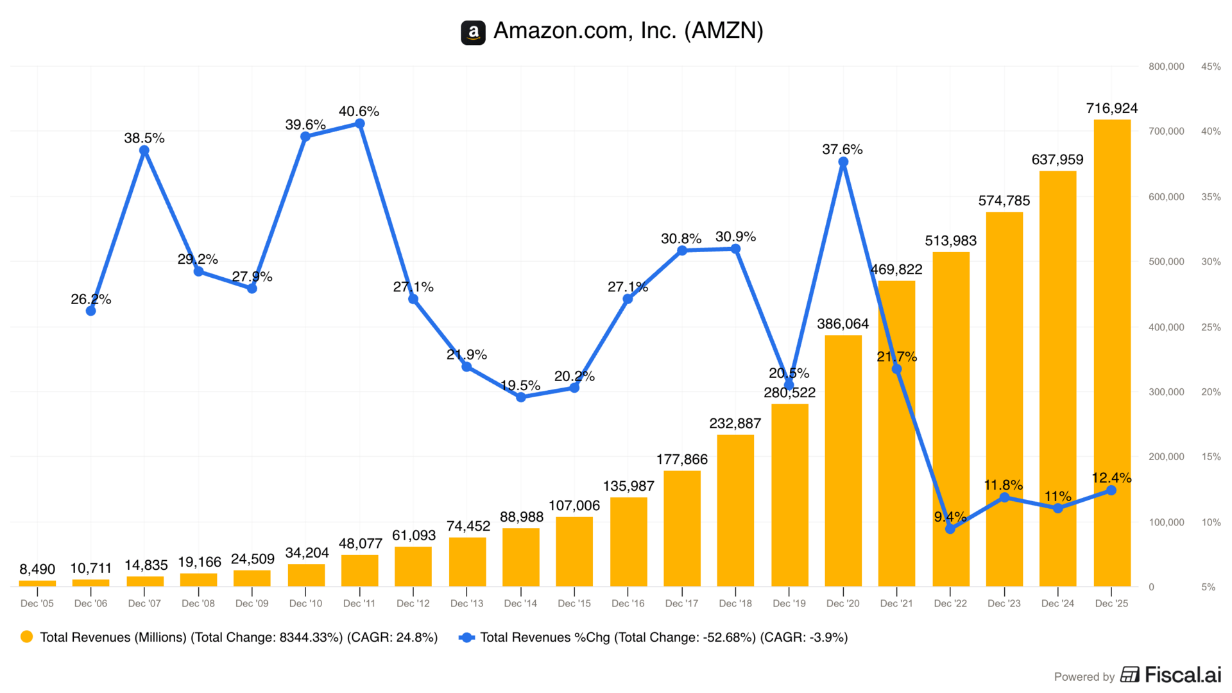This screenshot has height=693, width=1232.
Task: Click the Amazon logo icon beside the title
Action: pos(473,32)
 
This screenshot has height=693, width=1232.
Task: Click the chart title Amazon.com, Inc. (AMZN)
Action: pos(628,31)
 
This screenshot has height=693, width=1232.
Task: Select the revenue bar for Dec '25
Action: pos(1111,353)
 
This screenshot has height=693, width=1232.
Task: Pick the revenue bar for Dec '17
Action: pos(681,529)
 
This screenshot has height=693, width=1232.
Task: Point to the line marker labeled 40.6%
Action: pos(359,124)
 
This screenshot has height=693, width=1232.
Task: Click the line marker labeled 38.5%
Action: pos(144,151)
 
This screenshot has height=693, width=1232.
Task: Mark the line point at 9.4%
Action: pos(950,529)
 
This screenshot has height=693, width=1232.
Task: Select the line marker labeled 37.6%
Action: pos(843,162)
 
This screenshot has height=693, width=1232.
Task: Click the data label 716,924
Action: pos(1111,108)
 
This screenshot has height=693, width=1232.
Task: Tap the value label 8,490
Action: pos(37,569)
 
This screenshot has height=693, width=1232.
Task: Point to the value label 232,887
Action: pos(735,424)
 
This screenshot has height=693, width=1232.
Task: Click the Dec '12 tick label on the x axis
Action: pos(413,603)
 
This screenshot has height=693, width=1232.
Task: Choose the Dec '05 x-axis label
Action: pos(37,603)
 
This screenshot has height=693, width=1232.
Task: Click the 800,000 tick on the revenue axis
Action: pos(1166,67)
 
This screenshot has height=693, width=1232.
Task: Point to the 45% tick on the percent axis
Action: pos(1210,67)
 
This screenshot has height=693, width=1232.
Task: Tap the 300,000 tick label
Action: pos(1166,392)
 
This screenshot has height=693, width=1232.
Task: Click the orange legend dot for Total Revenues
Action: pos(27,637)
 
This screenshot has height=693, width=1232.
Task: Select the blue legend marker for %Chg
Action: pos(466,637)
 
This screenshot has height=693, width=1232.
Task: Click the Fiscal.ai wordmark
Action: pos(1182,675)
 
